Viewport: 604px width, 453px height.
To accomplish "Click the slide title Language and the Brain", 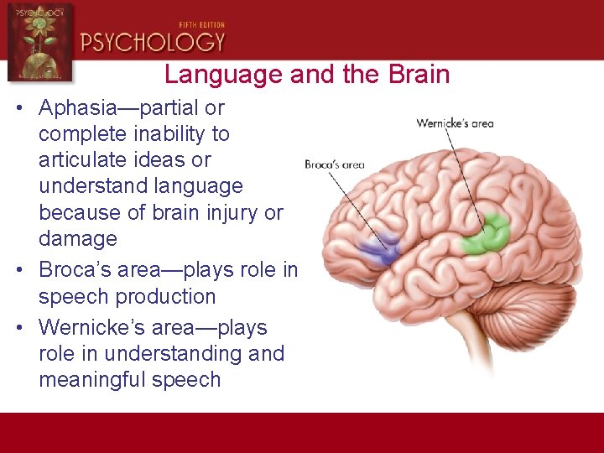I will pyautogui.click(x=307, y=74).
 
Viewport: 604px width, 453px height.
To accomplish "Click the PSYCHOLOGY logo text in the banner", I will pyautogui.click(x=153, y=42).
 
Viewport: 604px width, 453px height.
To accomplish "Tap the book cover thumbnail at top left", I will pyautogui.click(x=39, y=41).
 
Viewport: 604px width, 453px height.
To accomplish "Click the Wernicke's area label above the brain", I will pyautogui.click(x=455, y=123).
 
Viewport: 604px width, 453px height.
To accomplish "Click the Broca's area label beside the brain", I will pyautogui.click(x=334, y=164).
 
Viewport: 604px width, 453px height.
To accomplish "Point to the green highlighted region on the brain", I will pyautogui.click(x=487, y=236).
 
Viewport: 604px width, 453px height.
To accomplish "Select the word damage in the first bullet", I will pyautogui.click(x=77, y=239).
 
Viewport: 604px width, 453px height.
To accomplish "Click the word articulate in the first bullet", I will pyautogui.click(x=81, y=160).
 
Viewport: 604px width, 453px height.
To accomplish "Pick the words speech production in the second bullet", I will pyautogui.click(x=127, y=297).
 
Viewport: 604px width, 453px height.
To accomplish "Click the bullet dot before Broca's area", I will pyautogui.click(x=18, y=270).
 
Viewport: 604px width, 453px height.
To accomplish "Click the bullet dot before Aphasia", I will pyautogui.click(x=18, y=108).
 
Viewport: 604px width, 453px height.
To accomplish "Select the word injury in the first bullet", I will pyautogui.click(x=230, y=213).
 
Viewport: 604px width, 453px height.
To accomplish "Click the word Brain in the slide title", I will pyautogui.click(x=418, y=74).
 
